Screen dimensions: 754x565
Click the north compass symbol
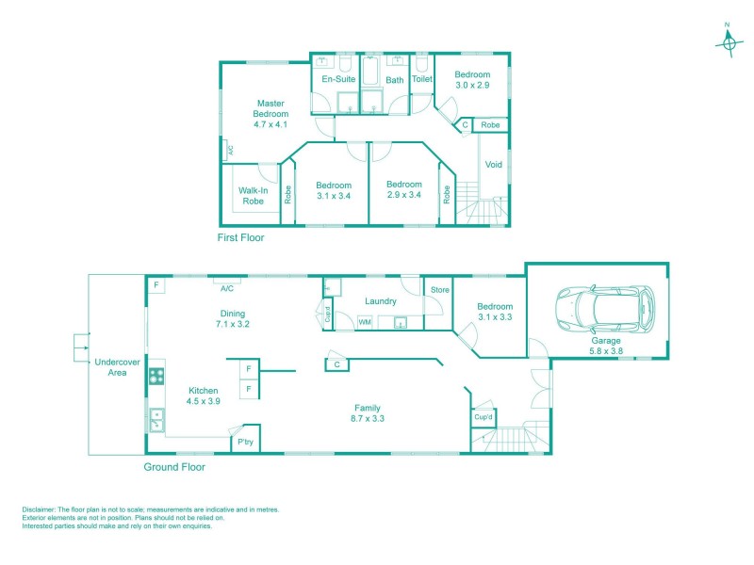729,43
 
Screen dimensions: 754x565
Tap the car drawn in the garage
605,309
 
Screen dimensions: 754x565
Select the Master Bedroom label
270,108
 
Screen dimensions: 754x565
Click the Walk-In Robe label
253,196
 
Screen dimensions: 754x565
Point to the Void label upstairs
493,164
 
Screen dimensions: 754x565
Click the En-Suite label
338,79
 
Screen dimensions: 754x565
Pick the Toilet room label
421,79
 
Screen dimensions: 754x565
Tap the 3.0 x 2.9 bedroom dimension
472,85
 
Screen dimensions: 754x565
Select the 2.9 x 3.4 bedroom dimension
404,195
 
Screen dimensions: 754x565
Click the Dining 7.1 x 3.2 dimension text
233,324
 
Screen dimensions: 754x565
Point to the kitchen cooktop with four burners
156,376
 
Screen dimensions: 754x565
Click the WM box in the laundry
365,322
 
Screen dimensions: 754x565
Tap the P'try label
245,442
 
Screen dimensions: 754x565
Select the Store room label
439,290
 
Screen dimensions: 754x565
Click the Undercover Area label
117,367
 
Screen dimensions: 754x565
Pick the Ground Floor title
174,467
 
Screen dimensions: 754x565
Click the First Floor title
240,237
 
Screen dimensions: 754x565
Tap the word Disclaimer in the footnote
39,509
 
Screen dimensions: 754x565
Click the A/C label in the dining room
227,288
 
